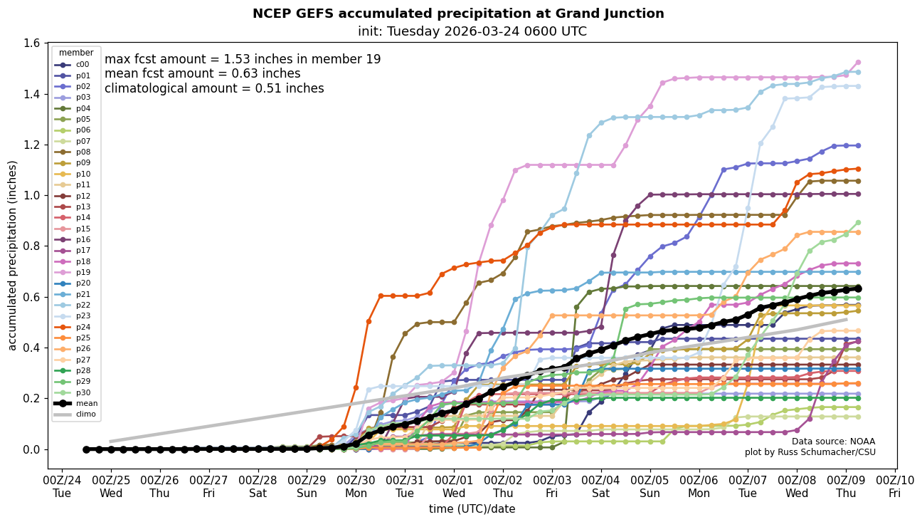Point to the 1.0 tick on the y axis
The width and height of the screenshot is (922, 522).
[31, 196]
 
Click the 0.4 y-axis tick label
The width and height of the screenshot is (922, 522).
[31, 348]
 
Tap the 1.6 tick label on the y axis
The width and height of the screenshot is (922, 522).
[31, 43]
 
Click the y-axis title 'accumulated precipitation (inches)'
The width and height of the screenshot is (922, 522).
[12, 255]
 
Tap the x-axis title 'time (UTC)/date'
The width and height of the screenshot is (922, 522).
[472, 509]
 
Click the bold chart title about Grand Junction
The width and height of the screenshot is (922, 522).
[458, 14]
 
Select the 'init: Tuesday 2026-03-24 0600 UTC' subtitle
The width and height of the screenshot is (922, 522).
[472, 31]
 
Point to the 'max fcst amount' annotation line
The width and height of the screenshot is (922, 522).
[243, 59]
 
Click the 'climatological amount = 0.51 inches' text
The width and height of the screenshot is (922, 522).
[214, 88]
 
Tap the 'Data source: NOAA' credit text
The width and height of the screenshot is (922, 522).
[833, 442]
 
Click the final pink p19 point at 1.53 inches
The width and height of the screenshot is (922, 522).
[858, 63]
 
